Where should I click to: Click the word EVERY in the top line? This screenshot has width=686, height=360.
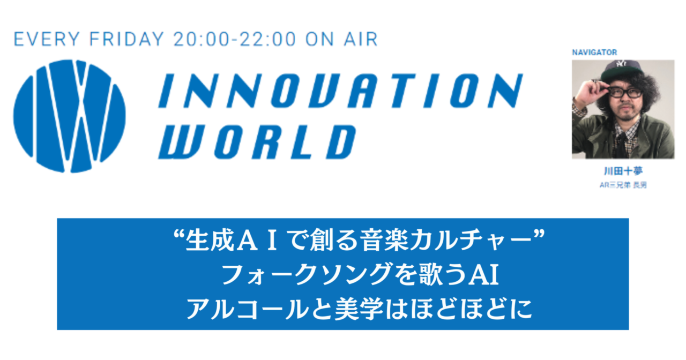pyautogui.click(x=47, y=39)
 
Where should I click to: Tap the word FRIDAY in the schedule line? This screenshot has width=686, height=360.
pyautogui.click(x=126, y=39)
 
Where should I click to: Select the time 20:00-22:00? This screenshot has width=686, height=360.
pyautogui.click(x=235, y=39)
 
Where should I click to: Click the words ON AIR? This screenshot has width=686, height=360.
pyautogui.click(x=341, y=39)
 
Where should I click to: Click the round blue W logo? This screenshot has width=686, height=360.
pyautogui.click(x=70, y=116)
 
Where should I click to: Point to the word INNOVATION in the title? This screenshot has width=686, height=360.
pyautogui.click(x=340, y=91)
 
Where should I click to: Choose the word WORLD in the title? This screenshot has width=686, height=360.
pyautogui.click(x=257, y=142)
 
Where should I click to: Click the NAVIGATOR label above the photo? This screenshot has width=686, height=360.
pyautogui.click(x=594, y=52)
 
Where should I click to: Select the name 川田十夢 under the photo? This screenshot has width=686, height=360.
pyautogui.click(x=623, y=171)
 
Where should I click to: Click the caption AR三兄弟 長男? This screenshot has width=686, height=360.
pyautogui.click(x=623, y=185)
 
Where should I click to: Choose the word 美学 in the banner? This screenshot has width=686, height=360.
pyautogui.click(x=359, y=309)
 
